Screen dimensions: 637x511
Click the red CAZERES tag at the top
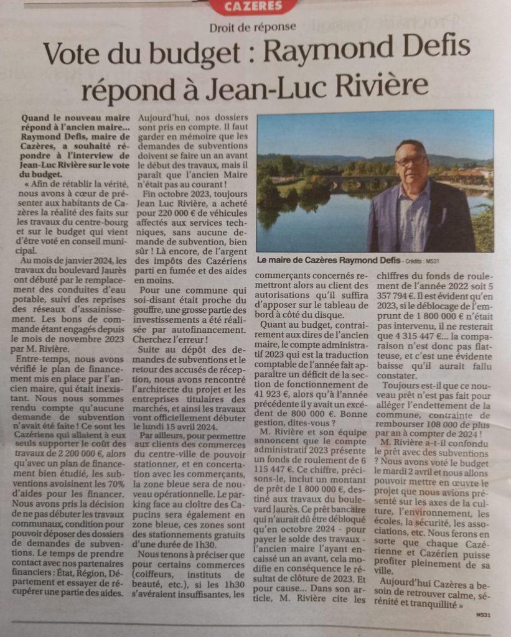[253, 7]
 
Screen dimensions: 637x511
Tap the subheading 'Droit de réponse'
[253, 27]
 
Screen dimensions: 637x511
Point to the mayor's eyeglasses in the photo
[411, 161]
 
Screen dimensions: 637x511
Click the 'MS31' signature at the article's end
[482, 613]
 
